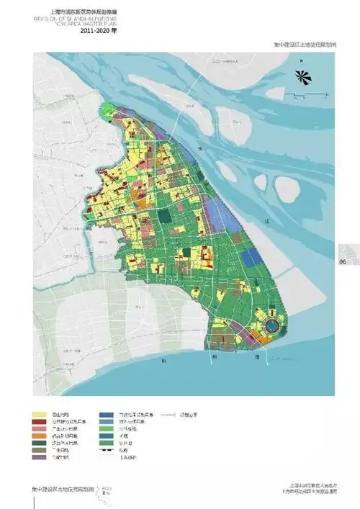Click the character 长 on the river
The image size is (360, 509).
coord(202,147)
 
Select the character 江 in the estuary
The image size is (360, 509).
coord(266,221)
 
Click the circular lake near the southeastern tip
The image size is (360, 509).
coord(273,325)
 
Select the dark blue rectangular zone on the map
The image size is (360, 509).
coord(251,258)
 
